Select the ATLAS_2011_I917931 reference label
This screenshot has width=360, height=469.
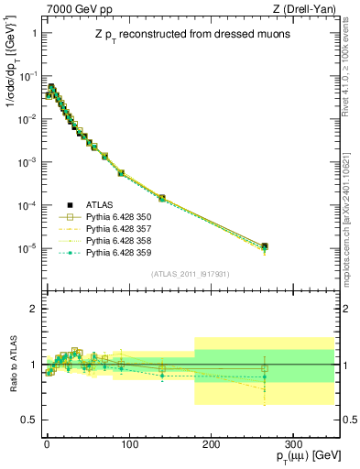click(x=191, y=273)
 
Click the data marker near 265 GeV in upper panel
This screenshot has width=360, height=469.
click(x=264, y=246)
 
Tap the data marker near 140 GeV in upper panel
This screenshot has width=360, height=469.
click(x=162, y=198)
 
